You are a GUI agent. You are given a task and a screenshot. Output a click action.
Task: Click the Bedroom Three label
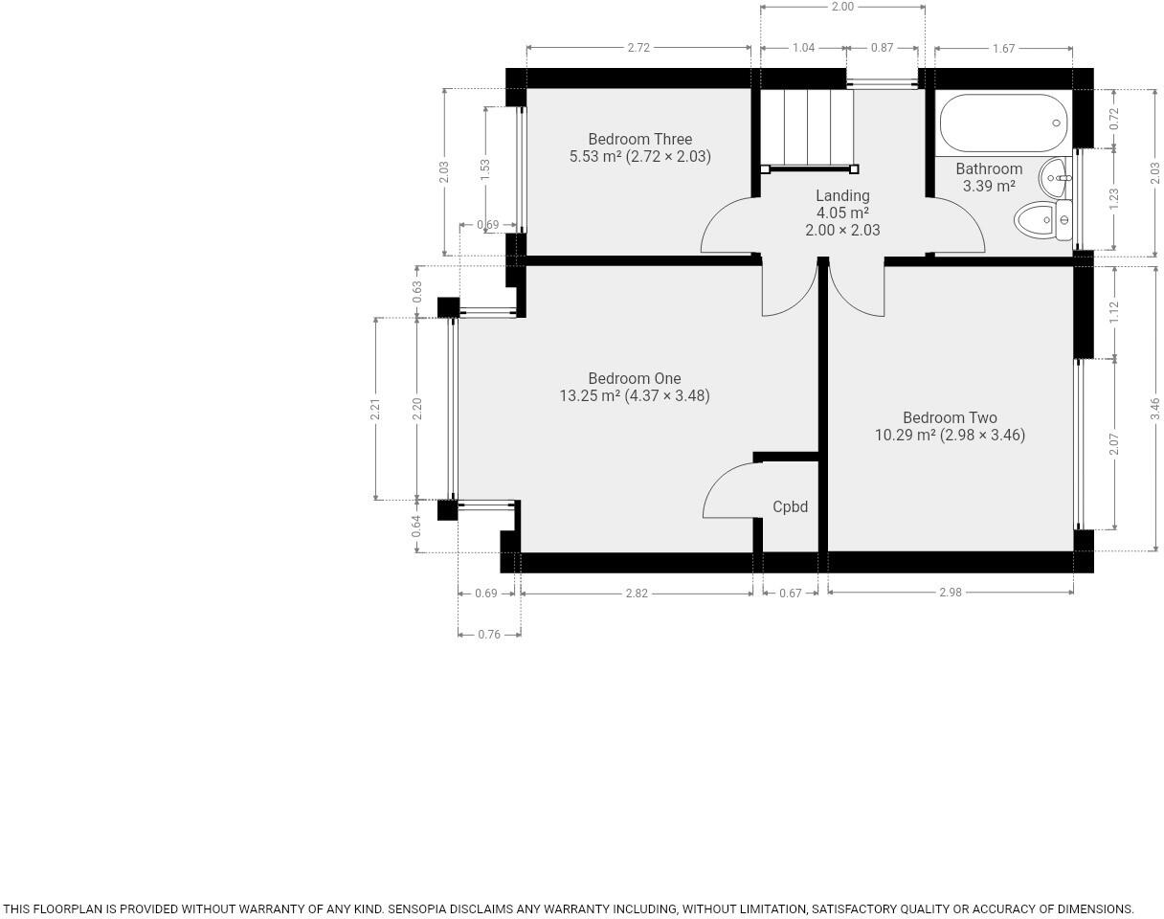[639, 140]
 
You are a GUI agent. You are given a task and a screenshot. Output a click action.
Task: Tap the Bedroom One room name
[634, 379]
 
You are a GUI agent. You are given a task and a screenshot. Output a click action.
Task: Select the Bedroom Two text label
[950, 418]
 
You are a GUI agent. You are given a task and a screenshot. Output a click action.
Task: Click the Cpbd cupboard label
[790, 507]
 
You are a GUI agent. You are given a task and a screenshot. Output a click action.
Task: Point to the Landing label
[842, 196]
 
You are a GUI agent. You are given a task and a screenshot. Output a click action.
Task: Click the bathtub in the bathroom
[1002, 123]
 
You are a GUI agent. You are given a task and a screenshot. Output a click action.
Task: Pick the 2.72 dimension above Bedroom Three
[638, 48]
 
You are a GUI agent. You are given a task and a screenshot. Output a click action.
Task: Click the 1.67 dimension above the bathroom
[1003, 49]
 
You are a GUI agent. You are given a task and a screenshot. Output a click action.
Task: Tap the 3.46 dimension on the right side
[1155, 409]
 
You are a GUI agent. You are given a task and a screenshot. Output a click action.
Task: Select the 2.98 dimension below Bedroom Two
[950, 593]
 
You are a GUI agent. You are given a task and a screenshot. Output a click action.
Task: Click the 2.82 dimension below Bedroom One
[637, 594]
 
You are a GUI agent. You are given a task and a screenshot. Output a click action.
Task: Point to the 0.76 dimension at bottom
[488, 634]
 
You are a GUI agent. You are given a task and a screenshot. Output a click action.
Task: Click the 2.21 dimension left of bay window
[376, 409]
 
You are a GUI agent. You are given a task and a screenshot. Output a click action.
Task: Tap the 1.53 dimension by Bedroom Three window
[485, 170]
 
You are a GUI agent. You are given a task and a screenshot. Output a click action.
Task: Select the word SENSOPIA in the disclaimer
[421, 909]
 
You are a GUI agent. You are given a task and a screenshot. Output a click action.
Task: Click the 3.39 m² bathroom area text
[989, 187]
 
